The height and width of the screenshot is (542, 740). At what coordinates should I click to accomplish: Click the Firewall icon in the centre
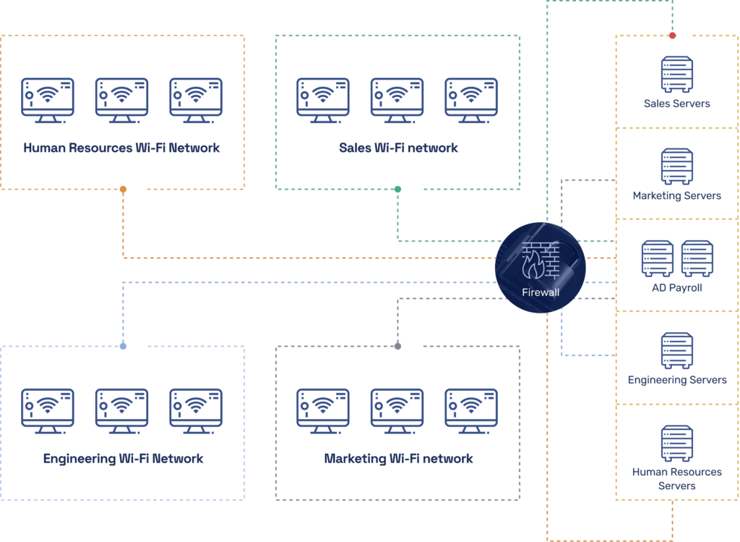coord(540,266)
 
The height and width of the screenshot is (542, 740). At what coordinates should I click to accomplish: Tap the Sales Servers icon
coord(676,74)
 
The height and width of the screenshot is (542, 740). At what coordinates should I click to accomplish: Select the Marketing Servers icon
coord(676,166)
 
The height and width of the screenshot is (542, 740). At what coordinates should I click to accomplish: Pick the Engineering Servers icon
coord(676,350)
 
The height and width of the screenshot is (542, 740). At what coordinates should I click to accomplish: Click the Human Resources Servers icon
coord(676,443)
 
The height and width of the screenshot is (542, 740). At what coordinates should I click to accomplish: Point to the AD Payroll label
coord(676,288)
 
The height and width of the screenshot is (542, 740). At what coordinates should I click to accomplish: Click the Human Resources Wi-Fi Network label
coord(122,148)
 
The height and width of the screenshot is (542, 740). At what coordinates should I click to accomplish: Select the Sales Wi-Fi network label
coord(398,148)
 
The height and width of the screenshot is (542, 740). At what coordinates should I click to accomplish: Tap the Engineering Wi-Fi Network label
coord(123,459)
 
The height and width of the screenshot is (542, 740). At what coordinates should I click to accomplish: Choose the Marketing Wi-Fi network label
coord(398,459)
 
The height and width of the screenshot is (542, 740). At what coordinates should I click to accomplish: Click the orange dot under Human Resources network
coord(123,190)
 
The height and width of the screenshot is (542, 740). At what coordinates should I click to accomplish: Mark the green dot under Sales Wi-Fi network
coord(397,190)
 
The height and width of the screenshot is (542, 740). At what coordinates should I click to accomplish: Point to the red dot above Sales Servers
coord(673,35)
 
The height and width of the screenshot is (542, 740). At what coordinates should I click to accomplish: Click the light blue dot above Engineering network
coord(123,347)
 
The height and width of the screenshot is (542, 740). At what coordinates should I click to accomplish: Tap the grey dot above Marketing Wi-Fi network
coord(397,347)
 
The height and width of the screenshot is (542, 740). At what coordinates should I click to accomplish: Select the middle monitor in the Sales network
coord(397,100)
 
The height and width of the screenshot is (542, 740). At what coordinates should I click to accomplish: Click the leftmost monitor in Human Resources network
coord(47,100)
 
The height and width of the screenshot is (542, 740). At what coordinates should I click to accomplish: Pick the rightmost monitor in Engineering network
coord(196,411)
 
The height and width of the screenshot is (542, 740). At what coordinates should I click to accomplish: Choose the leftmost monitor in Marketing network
coord(323,411)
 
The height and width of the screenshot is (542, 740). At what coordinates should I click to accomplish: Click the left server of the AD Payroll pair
coord(658,258)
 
